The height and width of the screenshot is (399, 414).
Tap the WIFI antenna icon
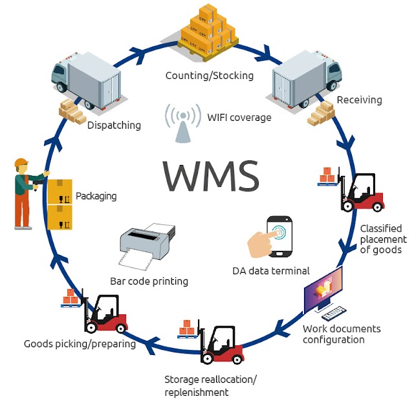pos(183,124)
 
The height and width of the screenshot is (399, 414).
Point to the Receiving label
pos(359,100)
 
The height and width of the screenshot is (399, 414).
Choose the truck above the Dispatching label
pos(87,81)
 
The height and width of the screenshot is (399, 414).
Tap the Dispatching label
pos(114,125)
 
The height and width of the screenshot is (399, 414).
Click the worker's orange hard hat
pos(22,162)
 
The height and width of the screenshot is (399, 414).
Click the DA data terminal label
pos(270,270)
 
